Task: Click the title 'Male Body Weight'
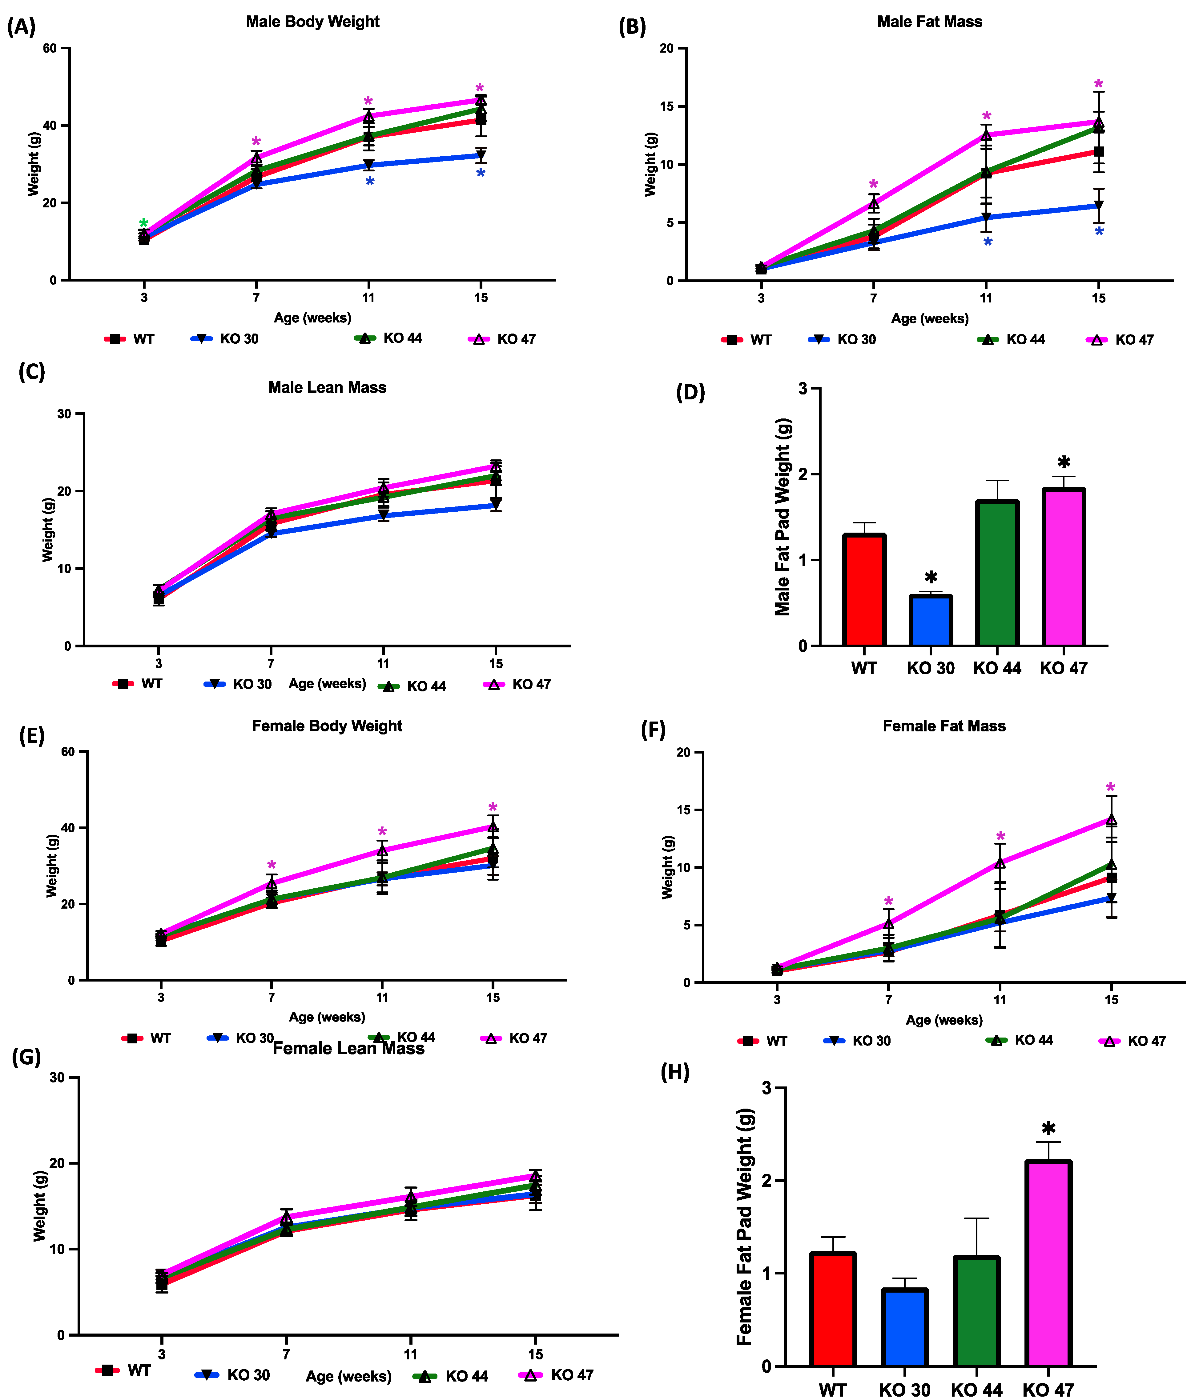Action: click(312, 22)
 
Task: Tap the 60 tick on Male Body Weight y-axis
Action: click(49, 49)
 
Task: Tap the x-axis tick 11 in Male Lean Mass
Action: click(383, 663)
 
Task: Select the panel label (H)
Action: click(674, 1072)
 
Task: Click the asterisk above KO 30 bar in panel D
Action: click(931, 578)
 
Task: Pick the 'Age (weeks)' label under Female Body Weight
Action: click(327, 1017)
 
